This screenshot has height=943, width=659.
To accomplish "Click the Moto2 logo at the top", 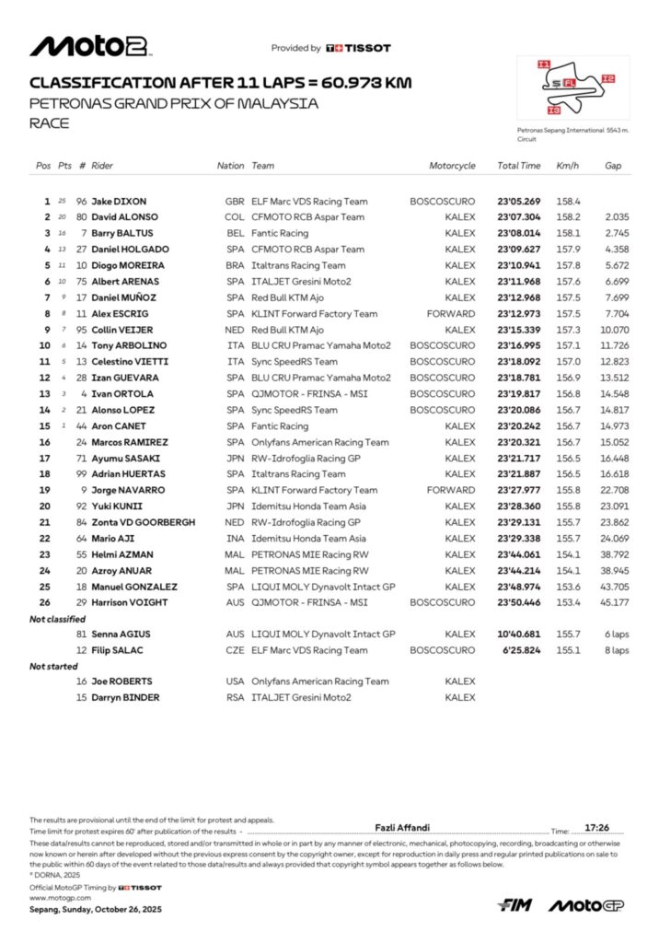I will [90, 46].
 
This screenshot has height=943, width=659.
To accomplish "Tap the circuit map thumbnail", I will [572, 87].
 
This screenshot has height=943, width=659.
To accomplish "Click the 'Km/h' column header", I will [567, 166].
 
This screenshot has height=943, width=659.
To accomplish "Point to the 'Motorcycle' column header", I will [452, 166].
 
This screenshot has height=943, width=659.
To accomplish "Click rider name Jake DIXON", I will [119, 201].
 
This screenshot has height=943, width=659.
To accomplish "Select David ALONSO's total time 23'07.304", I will [519, 216].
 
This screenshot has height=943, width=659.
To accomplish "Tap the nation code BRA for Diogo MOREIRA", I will [235, 265].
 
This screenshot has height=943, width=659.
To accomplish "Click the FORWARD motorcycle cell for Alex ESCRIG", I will [451, 313].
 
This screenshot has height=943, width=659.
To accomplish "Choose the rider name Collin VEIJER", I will [122, 330].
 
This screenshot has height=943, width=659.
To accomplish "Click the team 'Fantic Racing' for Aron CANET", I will [281, 426].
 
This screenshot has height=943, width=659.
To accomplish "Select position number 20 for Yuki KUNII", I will [44, 506].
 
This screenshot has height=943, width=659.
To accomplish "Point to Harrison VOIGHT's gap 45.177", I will [614, 603].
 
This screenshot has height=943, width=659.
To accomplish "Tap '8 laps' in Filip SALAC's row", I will [615, 651].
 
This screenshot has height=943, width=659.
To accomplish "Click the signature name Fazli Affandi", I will [402, 828].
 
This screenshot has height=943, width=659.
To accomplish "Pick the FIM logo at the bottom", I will [514, 905].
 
